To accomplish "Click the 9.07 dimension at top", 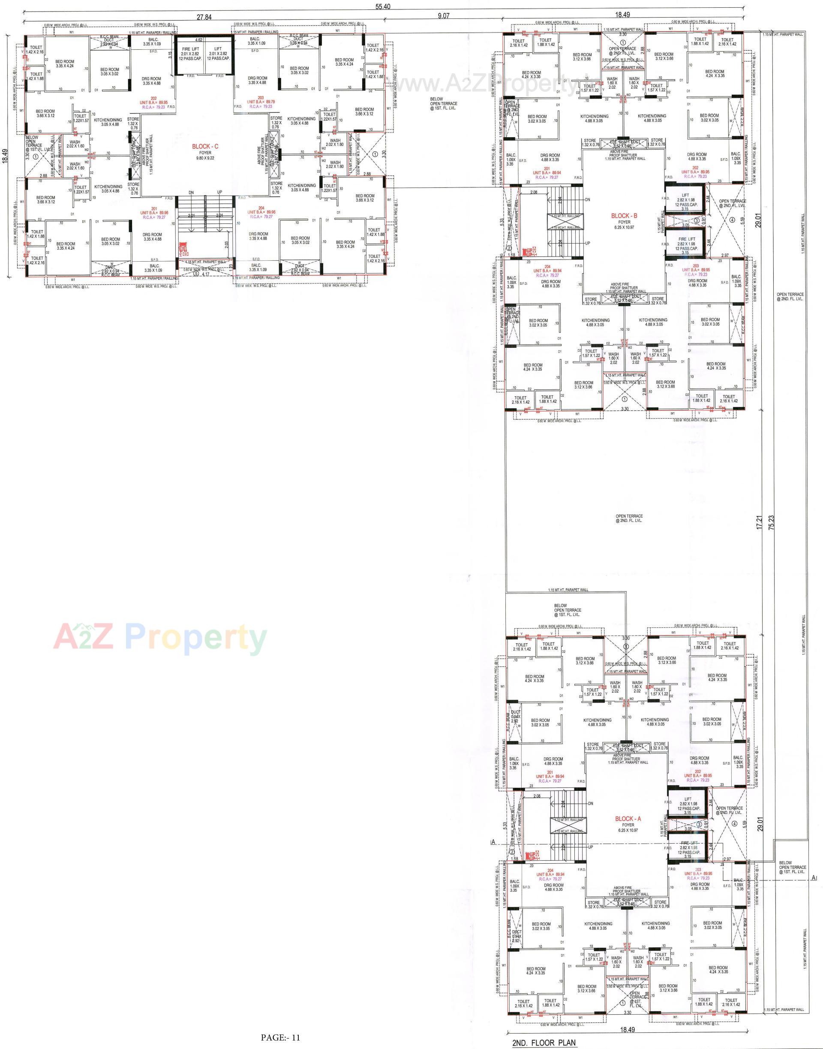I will tap(443, 16).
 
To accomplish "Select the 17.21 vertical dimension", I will tap(760, 523).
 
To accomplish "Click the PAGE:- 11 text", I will tap(280, 1034).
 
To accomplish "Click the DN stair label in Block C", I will tap(191, 193).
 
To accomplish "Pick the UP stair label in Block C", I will tap(220, 193).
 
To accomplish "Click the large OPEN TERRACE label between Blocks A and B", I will tap(629, 518).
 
